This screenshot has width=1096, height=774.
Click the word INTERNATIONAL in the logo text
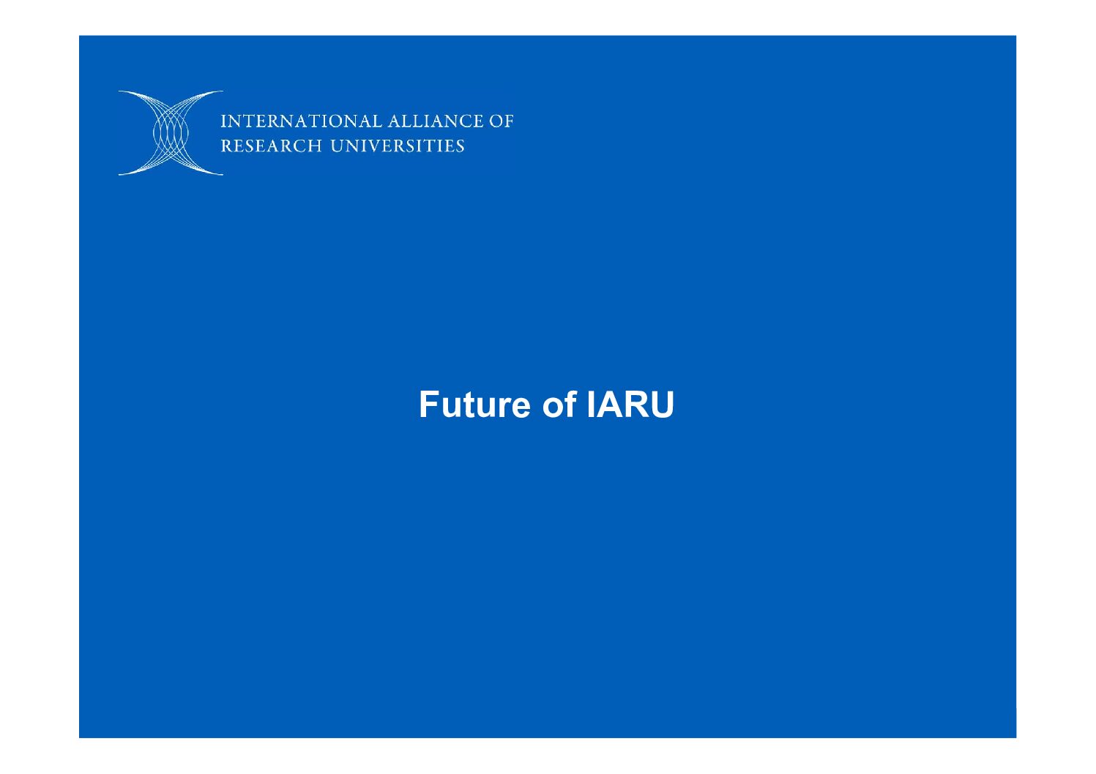301,121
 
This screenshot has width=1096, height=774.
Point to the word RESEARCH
272,146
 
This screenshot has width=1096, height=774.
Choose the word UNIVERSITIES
398,146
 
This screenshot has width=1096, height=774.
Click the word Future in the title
474,405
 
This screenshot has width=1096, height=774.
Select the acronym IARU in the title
630,405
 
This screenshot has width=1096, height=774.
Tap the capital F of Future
429,405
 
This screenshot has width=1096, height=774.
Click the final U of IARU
662,405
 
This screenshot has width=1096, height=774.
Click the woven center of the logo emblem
171,133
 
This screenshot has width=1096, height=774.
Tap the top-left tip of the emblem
119,91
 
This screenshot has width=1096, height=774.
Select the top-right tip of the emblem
223,91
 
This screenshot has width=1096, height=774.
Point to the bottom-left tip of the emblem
119,174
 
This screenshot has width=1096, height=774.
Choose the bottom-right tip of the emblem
223,174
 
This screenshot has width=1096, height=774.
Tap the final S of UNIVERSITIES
460,146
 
